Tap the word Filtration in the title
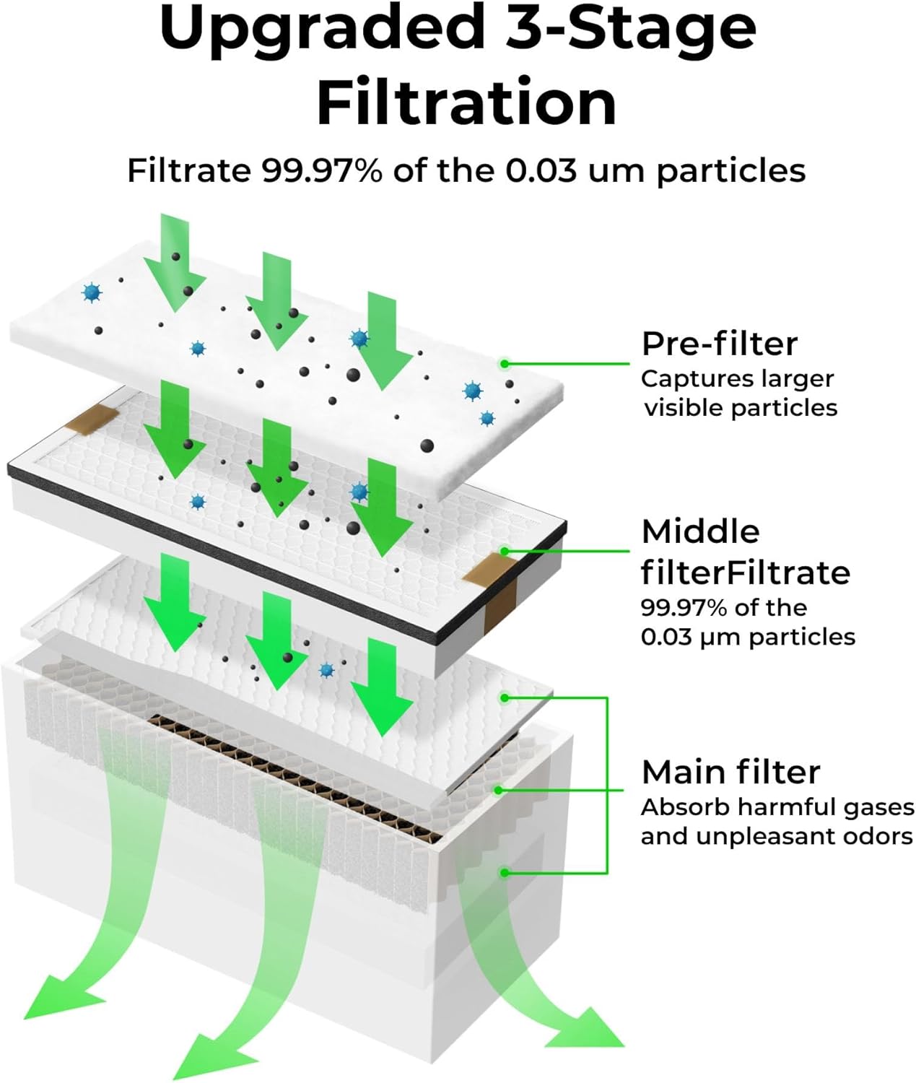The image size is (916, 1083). (x=466, y=101)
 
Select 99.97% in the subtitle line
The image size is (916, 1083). (x=321, y=170)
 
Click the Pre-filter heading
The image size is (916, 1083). (x=720, y=344)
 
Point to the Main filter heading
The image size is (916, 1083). (x=730, y=773)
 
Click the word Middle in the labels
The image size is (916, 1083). (x=700, y=532)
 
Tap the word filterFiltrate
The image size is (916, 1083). (x=745, y=572)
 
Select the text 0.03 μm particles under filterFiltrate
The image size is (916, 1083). (x=748, y=638)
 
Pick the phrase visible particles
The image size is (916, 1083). (x=741, y=408)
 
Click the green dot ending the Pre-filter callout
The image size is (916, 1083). (x=505, y=363)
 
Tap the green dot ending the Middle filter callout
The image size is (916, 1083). (x=505, y=551)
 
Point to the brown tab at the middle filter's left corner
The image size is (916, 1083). (x=92, y=419)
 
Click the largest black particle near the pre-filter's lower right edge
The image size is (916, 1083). (x=427, y=445)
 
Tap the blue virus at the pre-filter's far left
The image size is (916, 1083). (x=92, y=292)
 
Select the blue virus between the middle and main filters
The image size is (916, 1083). (x=326, y=669)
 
